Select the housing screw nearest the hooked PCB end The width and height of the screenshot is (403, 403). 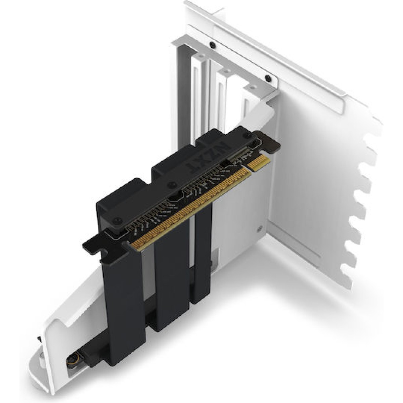point(117,220)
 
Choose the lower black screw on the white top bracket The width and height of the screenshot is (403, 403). point(268,79)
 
